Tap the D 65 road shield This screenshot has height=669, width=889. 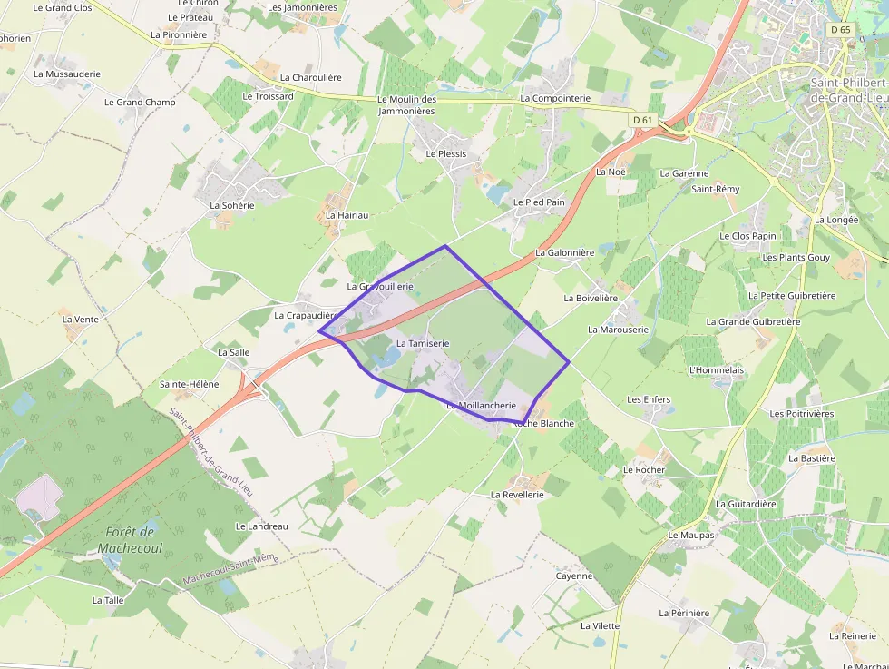click(x=840, y=30)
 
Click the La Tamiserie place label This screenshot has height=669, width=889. click(x=423, y=344)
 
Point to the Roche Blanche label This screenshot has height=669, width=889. click(x=542, y=424)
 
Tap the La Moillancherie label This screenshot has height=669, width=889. click(x=481, y=406)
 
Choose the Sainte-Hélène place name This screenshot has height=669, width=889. click(x=189, y=384)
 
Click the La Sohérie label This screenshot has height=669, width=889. click(x=232, y=205)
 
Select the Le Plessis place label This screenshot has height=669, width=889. click(x=446, y=154)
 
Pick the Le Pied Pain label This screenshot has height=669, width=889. click(x=539, y=202)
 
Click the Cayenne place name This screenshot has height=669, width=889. click(x=573, y=576)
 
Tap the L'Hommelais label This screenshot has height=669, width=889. click(x=717, y=369)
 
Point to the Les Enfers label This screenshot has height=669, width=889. click(x=649, y=399)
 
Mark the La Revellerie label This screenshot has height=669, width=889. click(x=517, y=495)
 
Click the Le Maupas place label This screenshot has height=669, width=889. click(x=691, y=536)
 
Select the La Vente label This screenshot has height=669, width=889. click(x=80, y=320)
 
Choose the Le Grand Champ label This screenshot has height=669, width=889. click(x=140, y=103)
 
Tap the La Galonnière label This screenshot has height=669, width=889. click(x=564, y=252)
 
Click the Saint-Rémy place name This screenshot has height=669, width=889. click(x=716, y=189)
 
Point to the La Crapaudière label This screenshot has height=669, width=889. click(x=307, y=316)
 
